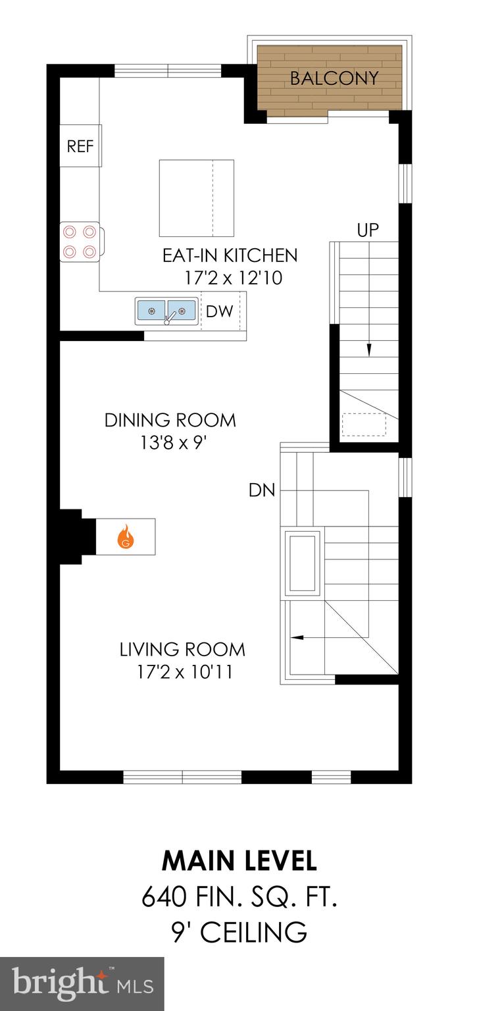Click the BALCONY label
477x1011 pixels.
334,78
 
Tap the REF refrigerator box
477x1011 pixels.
80,145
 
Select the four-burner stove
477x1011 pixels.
79,242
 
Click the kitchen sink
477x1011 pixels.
166,311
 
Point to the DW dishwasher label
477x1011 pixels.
219,312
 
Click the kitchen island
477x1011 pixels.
196,198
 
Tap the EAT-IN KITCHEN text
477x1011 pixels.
230,255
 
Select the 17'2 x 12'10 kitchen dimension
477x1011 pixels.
234,278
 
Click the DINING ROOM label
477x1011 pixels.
170,420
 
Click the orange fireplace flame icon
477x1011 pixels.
126,536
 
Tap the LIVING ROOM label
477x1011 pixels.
182,650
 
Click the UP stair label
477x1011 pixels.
368,230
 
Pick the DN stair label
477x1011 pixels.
261,490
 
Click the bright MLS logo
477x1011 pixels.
82,984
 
